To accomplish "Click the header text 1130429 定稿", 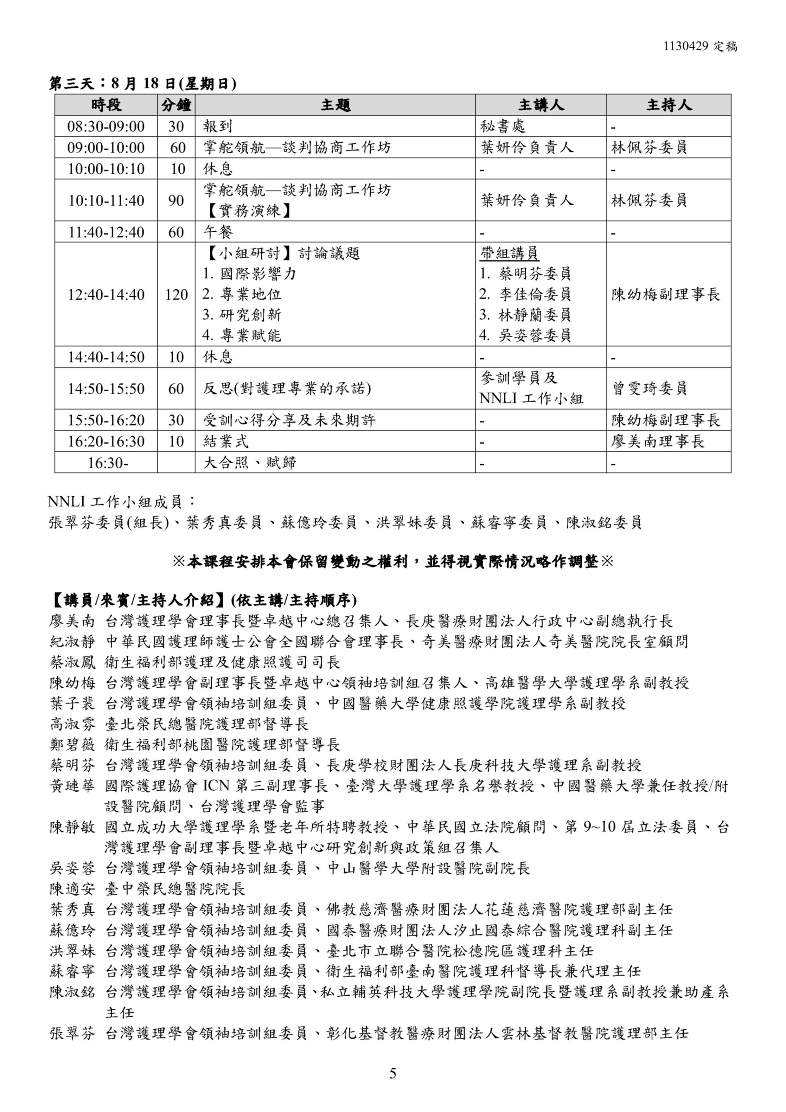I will (x=700, y=47).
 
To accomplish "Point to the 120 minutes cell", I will (x=176, y=294).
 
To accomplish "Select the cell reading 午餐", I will (x=218, y=232).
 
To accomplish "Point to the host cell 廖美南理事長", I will (x=657, y=441).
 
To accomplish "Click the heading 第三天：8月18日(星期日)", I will (x=143, y=84).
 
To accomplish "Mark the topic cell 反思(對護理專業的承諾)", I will (x=287, y=388).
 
